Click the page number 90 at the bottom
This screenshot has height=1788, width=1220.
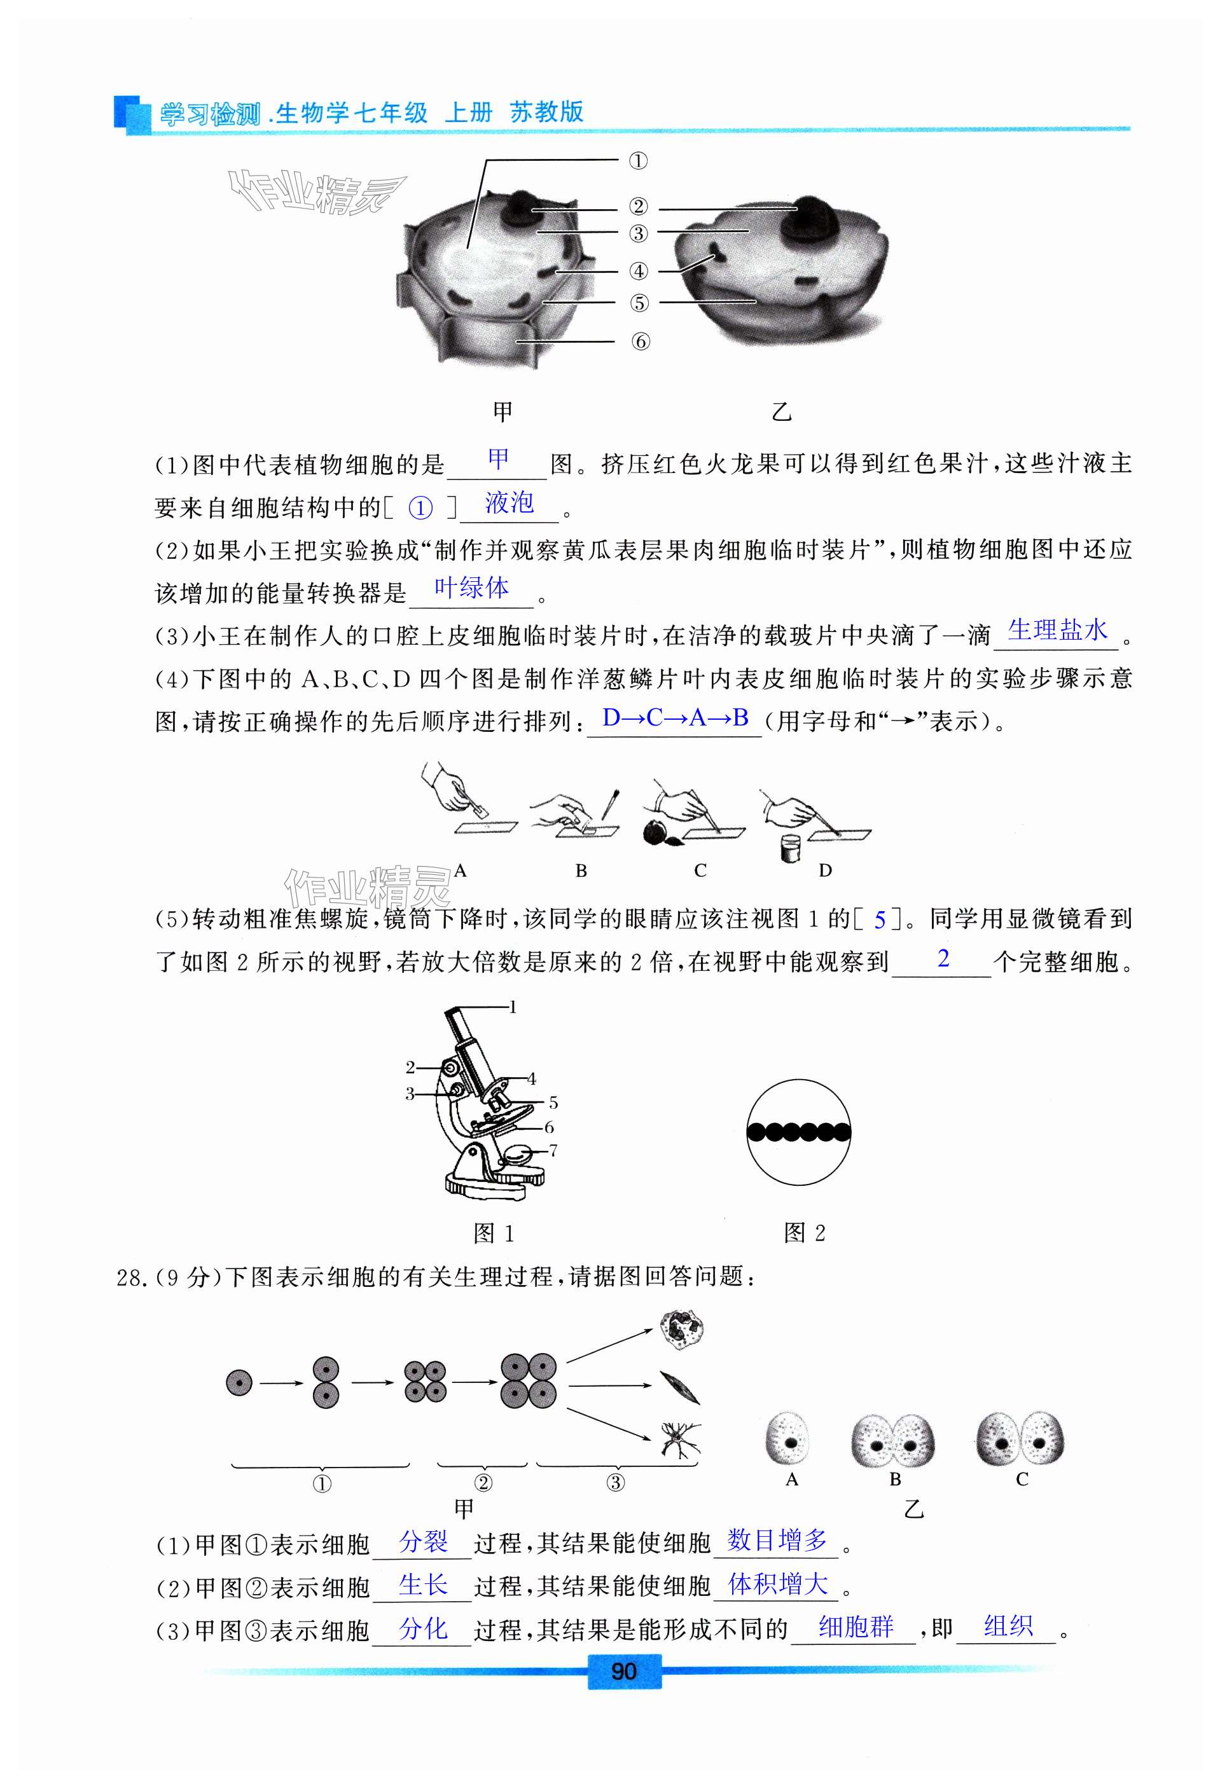(x=623, y=1671)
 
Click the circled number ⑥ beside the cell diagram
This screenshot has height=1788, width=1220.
(x=641, y=341)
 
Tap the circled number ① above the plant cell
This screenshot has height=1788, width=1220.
(x=638, y=161)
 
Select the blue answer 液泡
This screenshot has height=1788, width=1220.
(x=509, y=503)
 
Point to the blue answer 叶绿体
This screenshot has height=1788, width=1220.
(x=471, y=589)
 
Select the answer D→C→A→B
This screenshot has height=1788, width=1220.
(x=675, y=718)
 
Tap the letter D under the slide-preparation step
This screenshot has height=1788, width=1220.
(x=825, y=870)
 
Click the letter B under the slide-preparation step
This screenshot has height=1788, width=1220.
(x=581, y=870)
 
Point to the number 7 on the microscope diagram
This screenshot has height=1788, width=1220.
(x=553, y=1151)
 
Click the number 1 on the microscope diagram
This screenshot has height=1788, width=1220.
(x=513, y=1007)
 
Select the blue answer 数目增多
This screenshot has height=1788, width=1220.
(x=777, y=1539)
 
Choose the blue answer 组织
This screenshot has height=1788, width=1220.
(x=1008, y=1626)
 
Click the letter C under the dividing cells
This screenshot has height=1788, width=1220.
(x=1022, y=1479)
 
